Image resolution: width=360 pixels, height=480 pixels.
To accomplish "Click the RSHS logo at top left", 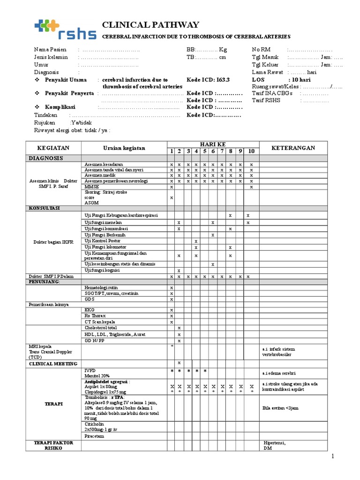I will pyautogui.click(x=61, y=30).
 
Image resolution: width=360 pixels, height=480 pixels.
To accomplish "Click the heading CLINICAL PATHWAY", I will pyautogui.click(x=150, y=25).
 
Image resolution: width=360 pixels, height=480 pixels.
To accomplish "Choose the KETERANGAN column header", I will pyautogui.click(x=293, y=148).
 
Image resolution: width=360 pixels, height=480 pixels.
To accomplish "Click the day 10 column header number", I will pyautogui.click(x=251, y=151).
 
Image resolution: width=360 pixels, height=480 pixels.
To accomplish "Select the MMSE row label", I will pyautogui.click(x=90, y=187).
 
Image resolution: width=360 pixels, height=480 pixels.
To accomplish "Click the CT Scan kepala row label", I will pyautogui.click(x=99, y=322).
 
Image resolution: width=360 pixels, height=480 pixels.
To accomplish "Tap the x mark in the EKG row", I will pyautogui.click(x=172, y=310).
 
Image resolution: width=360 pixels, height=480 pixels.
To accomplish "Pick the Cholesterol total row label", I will pyautogui.click(x=101, y=328).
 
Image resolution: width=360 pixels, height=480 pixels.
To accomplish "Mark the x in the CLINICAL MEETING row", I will pyautogui.click(x=179, y=363).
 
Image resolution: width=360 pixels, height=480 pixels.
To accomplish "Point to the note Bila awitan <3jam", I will pyautogui.click(x=280, y=408).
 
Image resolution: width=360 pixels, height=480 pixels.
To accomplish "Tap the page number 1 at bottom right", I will pyautogui.click(x=333, y=456).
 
